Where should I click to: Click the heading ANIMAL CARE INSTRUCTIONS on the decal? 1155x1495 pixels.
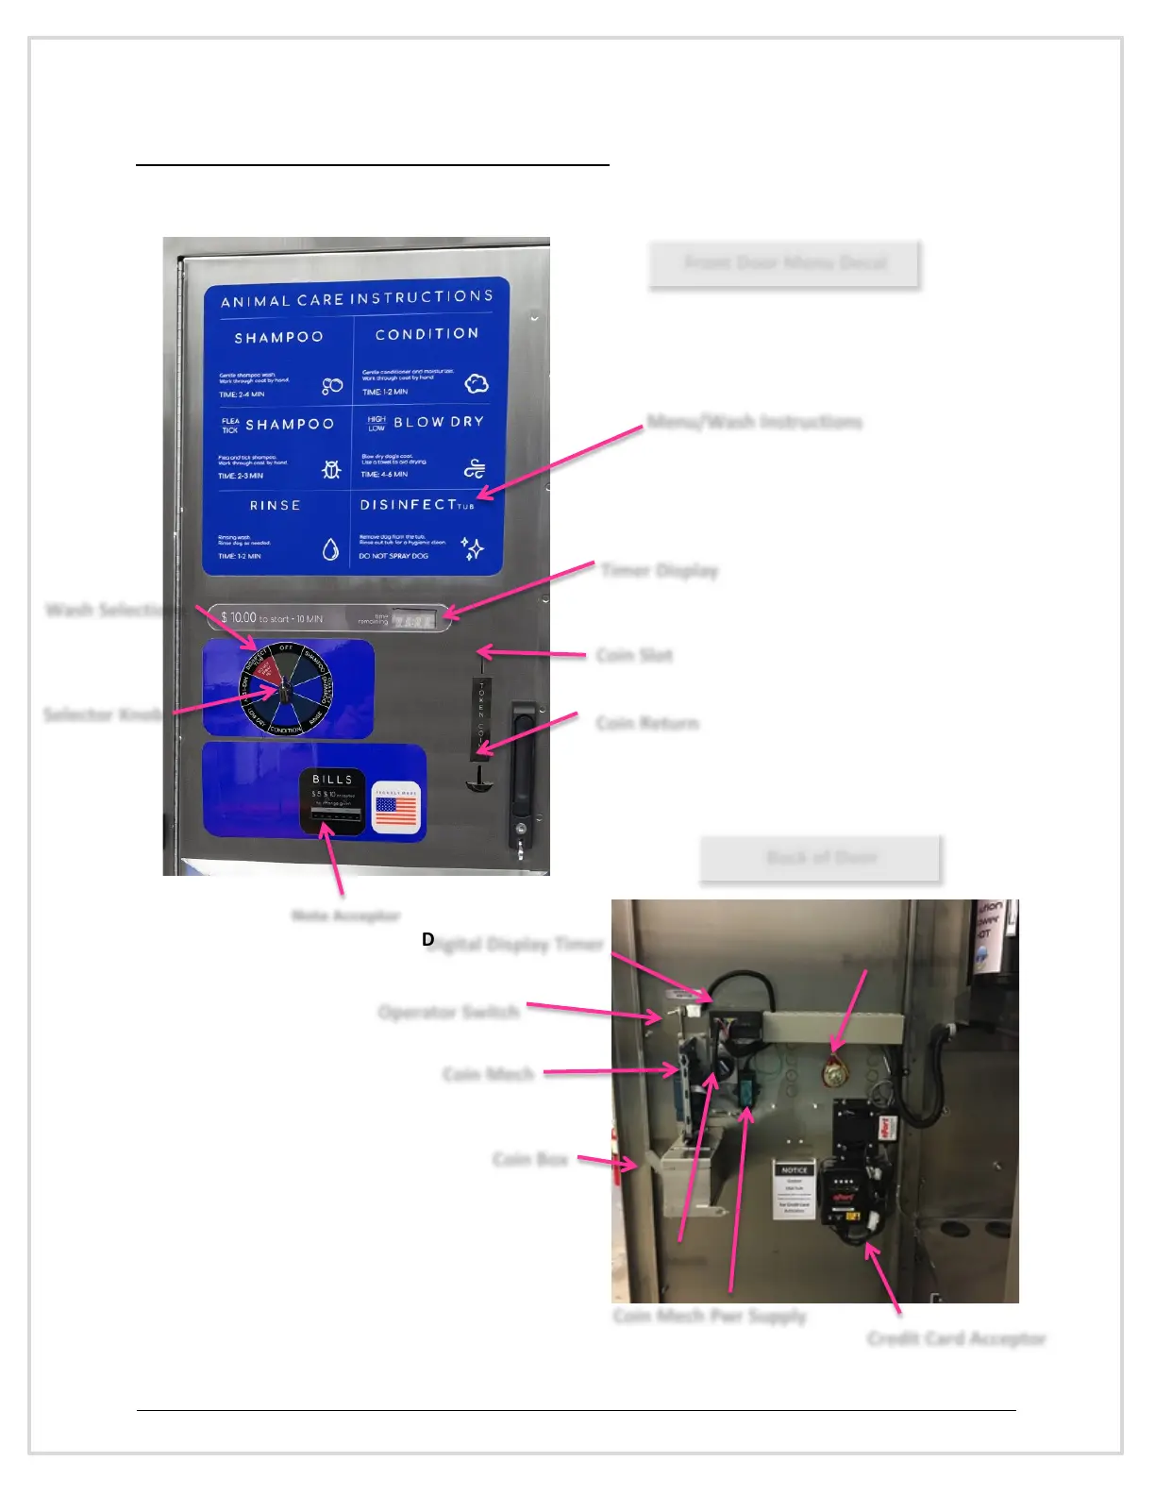[357, 299]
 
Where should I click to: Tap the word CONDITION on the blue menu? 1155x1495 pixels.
[427, 334]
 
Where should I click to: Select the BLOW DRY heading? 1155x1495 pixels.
[438, 422]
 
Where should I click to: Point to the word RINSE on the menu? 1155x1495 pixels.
[276, 506]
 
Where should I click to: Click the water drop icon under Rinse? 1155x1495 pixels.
[330, 549]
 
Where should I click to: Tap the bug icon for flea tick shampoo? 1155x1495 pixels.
[330, 469]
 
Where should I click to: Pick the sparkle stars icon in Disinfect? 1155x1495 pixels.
[472, 548]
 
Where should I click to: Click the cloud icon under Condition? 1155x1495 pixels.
[477, 383]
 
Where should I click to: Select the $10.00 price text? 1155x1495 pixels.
[238, 617]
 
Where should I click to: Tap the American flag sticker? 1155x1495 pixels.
[396, 808]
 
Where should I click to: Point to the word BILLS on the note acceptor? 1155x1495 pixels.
[332, 780]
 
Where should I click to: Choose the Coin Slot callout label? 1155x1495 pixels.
[634, 655]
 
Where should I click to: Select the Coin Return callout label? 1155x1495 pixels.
[647, 724]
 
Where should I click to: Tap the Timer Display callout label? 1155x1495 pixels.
[660, 570]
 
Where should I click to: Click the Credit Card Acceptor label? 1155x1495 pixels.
[956, 1338]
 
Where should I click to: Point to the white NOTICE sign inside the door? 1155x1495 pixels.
[794, 1189]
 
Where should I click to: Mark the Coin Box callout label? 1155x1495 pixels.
[530, 1159]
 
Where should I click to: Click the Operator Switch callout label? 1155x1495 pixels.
[448, 1013]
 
